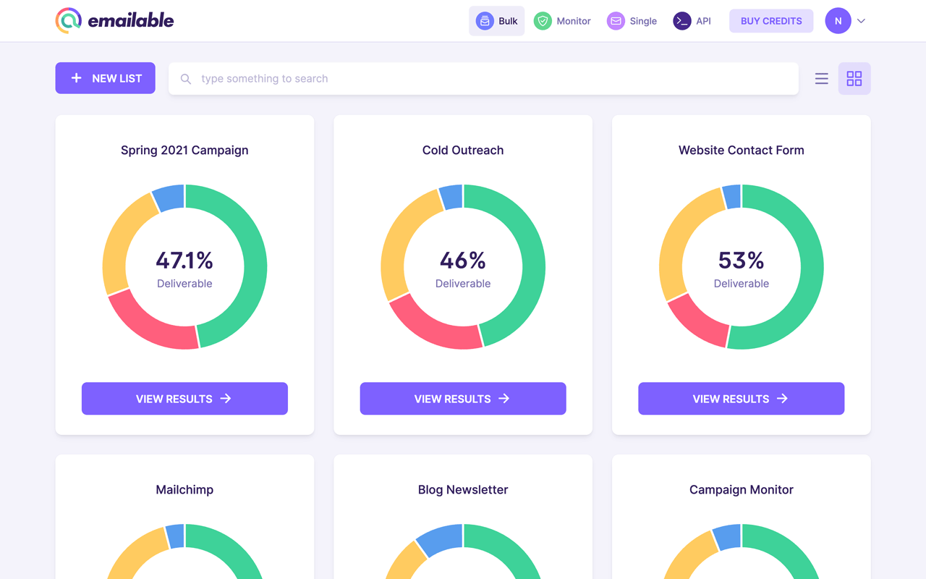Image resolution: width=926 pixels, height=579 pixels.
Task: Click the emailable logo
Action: [114, 21]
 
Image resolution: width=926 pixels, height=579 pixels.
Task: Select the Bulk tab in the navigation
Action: [497, 21]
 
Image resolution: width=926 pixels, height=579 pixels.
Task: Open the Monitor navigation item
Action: [562, 21]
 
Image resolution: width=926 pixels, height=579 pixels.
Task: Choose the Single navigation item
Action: [632, 21]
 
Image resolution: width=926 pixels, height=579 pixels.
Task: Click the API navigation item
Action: [692, 21]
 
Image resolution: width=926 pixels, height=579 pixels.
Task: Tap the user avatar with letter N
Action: [838, 21]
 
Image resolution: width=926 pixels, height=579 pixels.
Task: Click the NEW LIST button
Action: [105, 78]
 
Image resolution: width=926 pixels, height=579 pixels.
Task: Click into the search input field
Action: [483, 78]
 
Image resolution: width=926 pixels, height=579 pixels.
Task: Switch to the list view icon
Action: [821, 78]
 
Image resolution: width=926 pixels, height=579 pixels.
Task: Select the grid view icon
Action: [854, 78]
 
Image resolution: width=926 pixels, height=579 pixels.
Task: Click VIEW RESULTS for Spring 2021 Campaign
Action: [184, 399]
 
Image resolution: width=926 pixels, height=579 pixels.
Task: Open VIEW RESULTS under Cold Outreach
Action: [463, 399]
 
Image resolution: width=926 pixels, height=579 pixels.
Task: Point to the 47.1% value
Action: [184, 260]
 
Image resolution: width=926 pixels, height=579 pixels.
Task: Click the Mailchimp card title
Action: [184, 490]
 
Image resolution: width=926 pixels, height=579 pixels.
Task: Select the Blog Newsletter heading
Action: [463, 490]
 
